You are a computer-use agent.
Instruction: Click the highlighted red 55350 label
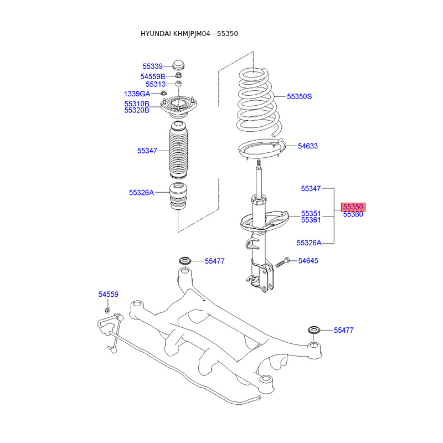point(353,207)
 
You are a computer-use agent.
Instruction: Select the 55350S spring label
point(299,96)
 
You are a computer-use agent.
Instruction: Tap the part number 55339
point(153,66)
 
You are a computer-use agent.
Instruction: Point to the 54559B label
point(153,76)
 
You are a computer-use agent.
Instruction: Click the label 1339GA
point(137,94)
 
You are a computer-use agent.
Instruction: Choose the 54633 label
point(308,146)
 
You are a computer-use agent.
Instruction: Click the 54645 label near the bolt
point(308,260)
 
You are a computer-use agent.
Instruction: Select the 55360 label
point(353,214)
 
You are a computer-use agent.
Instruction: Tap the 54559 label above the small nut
point(108,294)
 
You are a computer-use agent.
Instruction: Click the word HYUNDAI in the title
point(156,34)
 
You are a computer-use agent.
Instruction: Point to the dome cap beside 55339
point(178,65)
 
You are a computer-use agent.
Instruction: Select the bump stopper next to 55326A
point(178,197)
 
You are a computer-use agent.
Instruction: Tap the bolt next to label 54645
point(282,262)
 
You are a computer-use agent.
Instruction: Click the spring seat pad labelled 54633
point(261,148)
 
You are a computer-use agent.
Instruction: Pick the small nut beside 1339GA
point(163,92)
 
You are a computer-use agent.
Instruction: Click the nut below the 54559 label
point(107,310)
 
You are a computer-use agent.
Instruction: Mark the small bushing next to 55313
point(178,84)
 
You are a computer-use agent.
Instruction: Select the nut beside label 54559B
point(178,75)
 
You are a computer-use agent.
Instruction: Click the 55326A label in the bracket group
point(309,243)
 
